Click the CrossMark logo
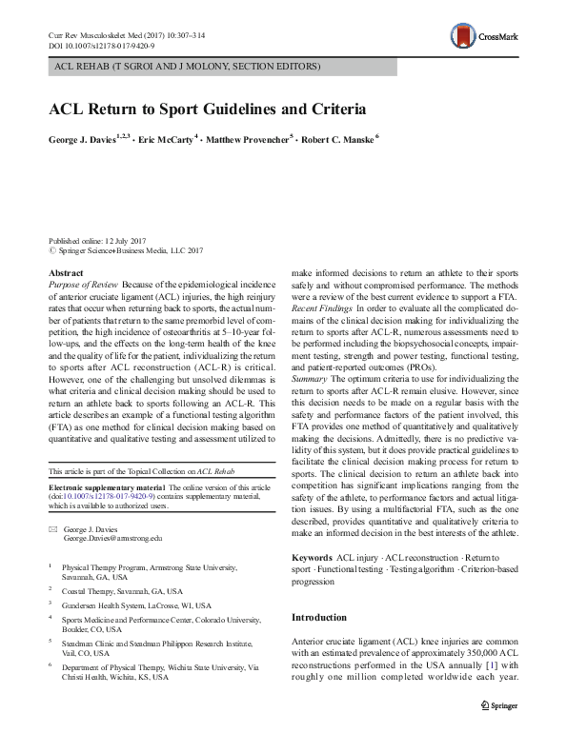(x=486, y=37)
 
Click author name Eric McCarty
(x=166, y=139)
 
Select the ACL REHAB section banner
(x=189, y=67)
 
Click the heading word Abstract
(x=65, y=273)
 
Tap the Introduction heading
(x=321, y=618)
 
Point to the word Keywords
(x=312, y=556)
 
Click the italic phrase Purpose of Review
(x=83, y=285)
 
